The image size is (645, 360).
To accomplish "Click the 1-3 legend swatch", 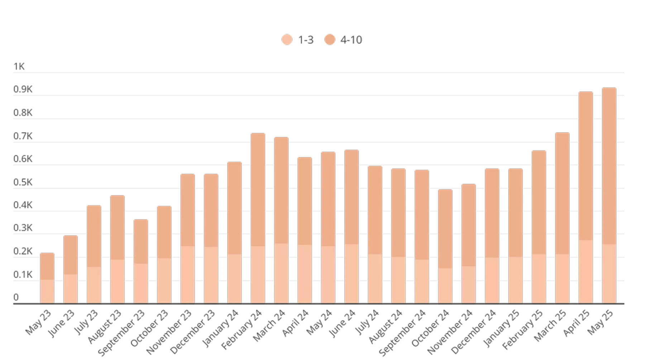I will click(287, 40).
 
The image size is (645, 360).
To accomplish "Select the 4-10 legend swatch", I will click(330, 40).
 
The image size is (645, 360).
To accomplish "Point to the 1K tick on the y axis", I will click(19, 67).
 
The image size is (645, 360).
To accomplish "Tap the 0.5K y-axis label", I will click(23, 183).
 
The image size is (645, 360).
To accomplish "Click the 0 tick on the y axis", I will click(16, 297).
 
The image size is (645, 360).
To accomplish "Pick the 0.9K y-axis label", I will click(23, 90).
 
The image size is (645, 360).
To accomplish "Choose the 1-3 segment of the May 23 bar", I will click(47, 291).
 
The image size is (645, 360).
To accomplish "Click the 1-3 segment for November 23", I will click(188, 274).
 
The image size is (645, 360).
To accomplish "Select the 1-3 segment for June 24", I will click(352, 274).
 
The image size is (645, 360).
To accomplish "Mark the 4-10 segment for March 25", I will click(562, 193).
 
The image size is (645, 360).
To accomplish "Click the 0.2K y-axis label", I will click(23, 251).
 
